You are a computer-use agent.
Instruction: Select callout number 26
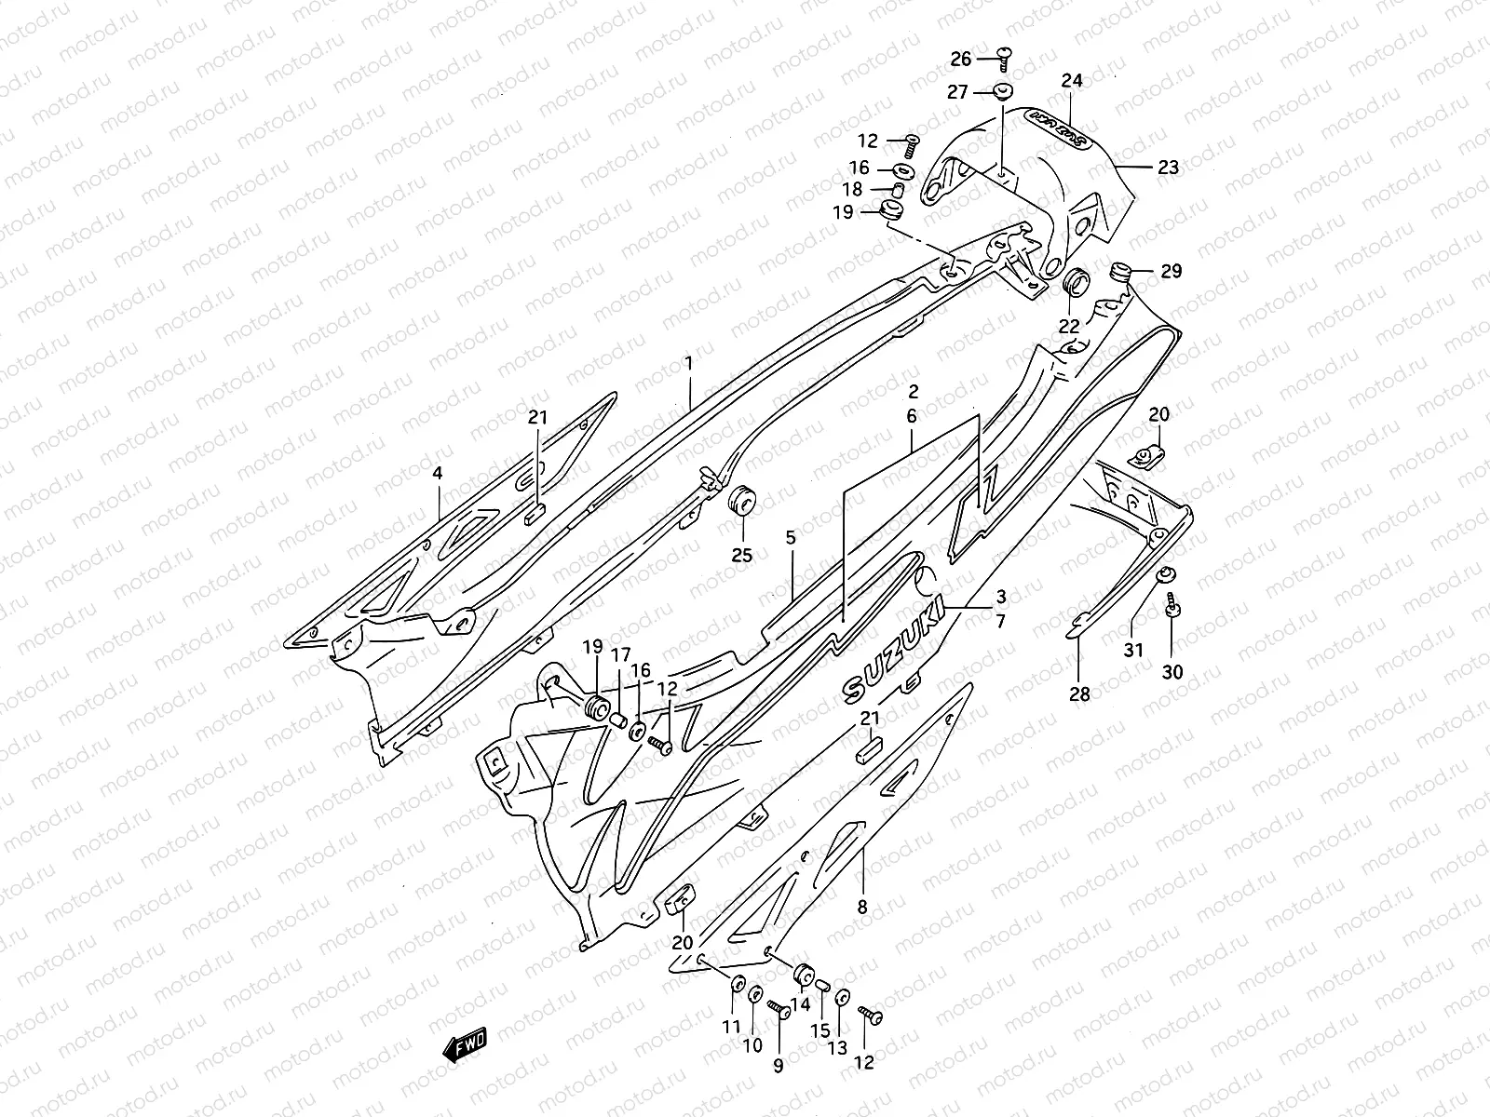[960, 60]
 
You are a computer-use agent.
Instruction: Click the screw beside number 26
[1004, 58]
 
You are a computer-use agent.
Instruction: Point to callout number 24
[1072, 81]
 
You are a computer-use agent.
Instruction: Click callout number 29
[1171, 271]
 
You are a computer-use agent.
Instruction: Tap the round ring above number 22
[1076, 281]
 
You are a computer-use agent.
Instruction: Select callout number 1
[689, 364]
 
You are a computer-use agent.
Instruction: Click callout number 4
[438, 473]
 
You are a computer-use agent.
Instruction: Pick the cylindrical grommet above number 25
[742, 501]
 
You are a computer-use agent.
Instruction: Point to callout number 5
[791, 537]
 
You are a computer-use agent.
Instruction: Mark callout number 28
[1079, 693]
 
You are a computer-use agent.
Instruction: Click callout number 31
[1132, 651]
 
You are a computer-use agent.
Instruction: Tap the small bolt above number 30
[1171, 608]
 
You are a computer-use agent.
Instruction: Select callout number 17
[620, 654]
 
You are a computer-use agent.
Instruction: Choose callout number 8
[861, 905]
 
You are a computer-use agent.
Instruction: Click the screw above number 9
[778, 1008]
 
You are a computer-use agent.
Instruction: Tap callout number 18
[852, 189]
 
